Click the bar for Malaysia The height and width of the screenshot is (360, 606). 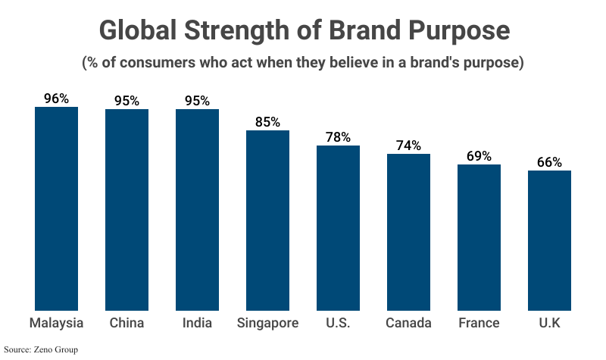(x=56, y=208)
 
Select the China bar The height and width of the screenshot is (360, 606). (x=127, y=210)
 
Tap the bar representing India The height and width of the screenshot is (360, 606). (x=197, y=210)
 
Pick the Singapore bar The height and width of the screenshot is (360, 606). (x=267, y=221)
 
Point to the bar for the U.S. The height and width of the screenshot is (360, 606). (x=338, y=227)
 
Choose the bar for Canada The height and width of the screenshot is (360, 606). (x=408, y=232)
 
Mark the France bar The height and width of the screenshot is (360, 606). (x=479, y=237)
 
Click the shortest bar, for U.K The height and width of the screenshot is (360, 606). (x=549, y=240)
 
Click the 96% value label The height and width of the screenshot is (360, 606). (x=56, y=99)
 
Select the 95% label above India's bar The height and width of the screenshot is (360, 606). (x=197, y=101)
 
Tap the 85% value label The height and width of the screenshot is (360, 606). (x=267, y=122)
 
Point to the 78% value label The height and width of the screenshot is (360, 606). (x=338, y=137)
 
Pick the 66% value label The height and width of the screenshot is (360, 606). (x=549, y=162)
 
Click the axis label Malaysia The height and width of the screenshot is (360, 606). (x=56, y=323)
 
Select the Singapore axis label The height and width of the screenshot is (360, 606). (x=267, y=323)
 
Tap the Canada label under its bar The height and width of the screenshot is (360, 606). (x=408, y=323)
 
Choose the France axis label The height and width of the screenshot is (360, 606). (x=479, y=323)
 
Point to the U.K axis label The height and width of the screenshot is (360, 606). (x=549, y=323)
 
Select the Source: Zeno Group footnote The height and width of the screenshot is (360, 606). (x=41, y=349)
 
